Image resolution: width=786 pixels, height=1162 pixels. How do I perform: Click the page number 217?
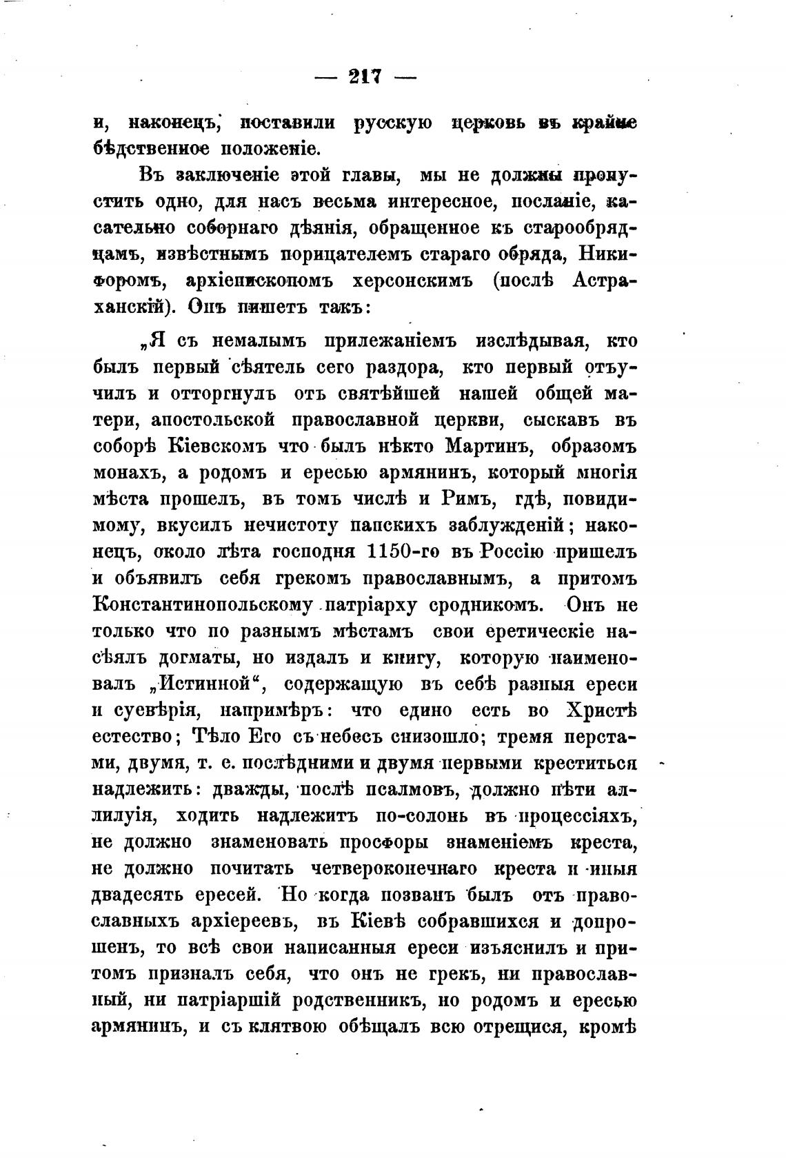(365, 77)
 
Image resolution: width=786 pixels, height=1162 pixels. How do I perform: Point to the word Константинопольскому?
(203, 606)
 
